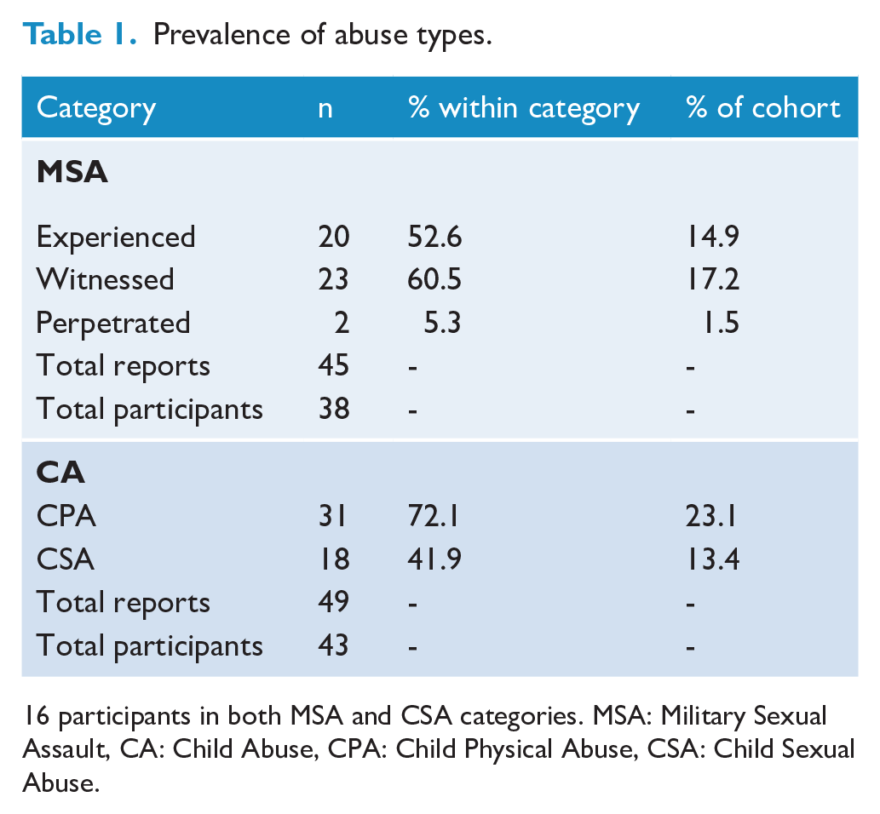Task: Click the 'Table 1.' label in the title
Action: tap(79, 34)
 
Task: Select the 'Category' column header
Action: tap(96, 109)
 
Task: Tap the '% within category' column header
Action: tap(524, 109)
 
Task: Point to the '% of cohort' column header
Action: tap(763, 107)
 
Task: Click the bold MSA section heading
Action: tap(72, 172)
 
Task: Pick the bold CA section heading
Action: tap(60, 473)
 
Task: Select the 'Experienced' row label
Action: tap(116, 238)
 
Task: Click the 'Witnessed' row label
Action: tap(105, 279)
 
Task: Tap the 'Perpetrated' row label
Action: tap(112, 324)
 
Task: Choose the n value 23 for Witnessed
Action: tap(333, 279)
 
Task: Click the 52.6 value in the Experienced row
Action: tap(434, 237)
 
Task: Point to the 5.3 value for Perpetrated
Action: tap(442, 324)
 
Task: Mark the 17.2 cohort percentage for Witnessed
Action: tap(713, 279)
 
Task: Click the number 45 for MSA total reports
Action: tap(333, 366)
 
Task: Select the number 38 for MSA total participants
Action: tap(333, 409)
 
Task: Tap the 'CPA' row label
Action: tap(66, 516)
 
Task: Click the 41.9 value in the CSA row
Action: tap(434, 559)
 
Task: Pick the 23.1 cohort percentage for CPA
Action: tap(710, 516)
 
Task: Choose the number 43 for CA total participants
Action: tap(333, 645)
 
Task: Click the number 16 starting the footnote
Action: tap(37, 716)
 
